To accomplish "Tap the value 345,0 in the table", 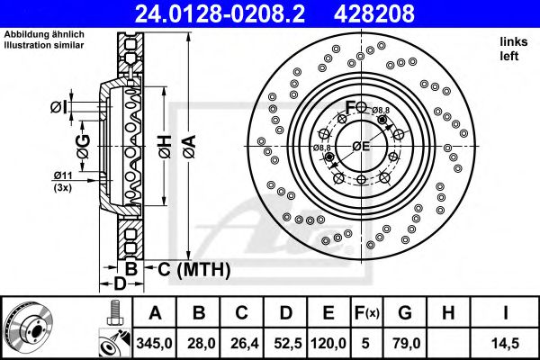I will click(155, 341).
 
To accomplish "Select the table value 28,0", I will click(198, 341).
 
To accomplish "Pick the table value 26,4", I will click(241, 341).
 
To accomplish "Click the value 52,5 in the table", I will click(284, 341).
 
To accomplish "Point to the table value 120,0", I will click(328, 341).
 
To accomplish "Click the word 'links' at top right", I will click(513, 41).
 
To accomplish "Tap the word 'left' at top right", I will click(509, 55).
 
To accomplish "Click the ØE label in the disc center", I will click(361, 146).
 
